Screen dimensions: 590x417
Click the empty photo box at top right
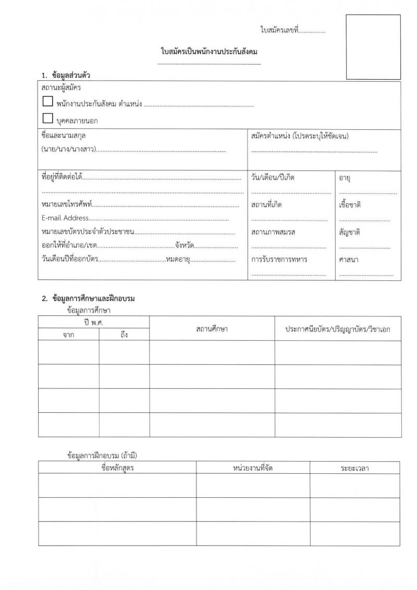[373, 47]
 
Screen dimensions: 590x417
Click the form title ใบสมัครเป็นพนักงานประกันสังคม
[210, 52]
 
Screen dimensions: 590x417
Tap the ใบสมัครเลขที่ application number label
[278, 31]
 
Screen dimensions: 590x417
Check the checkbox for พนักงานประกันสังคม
[47, 103]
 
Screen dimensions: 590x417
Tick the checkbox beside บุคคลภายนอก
[47, 119]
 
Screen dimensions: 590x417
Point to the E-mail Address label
[65, 218]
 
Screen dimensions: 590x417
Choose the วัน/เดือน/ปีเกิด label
[273, 178]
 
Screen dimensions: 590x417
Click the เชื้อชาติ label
[350, 205]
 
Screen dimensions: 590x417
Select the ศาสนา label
[348, 259]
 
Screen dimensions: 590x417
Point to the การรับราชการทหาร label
[279, 259]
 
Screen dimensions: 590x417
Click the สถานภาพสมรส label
[273, 232]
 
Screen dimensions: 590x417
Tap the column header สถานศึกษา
[212, 329]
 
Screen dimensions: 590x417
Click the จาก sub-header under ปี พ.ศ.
[68, 335]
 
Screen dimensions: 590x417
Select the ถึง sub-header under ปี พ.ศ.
[124, 335]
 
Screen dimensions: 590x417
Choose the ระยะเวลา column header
[355, 468]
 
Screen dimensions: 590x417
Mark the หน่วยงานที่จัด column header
[253, 468]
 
